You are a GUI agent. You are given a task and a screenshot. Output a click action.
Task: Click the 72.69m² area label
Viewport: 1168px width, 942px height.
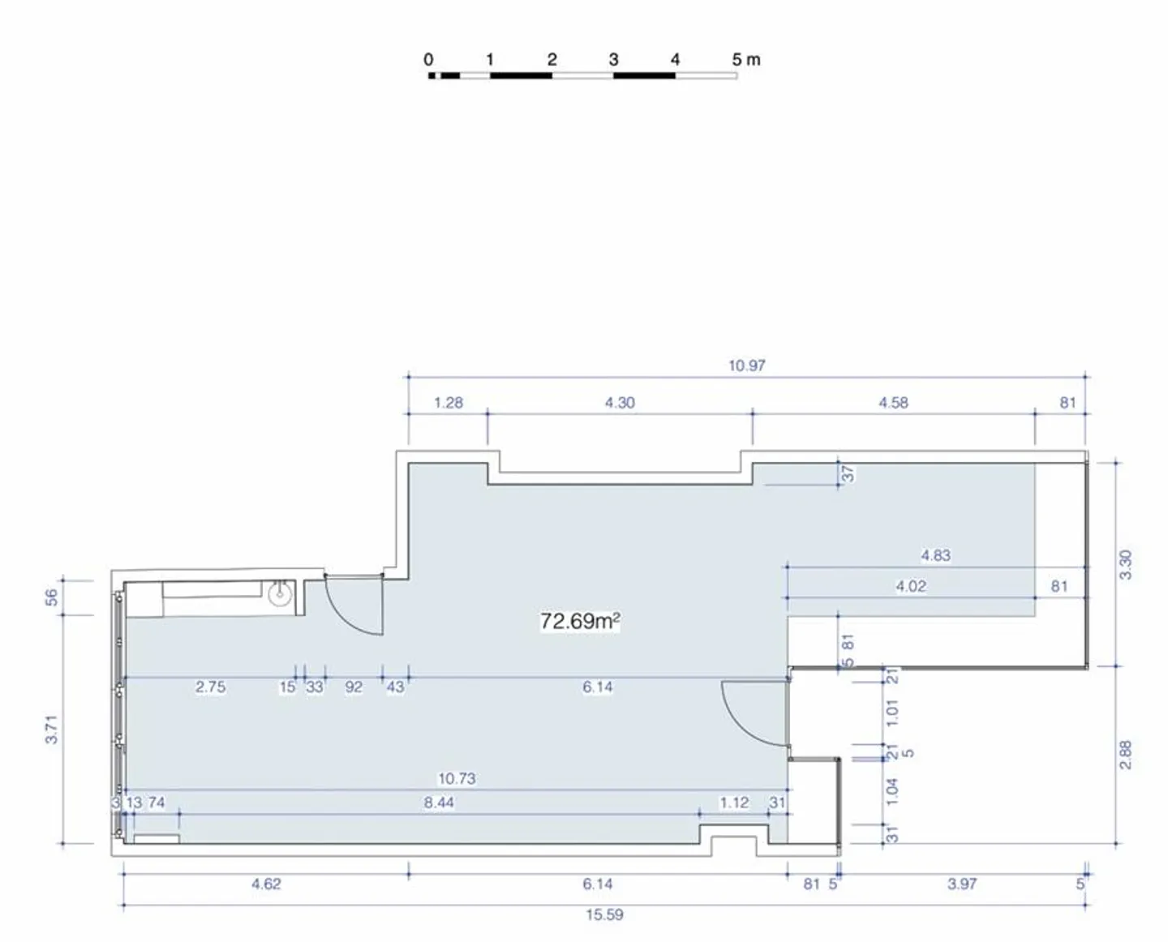[x=580, y=621]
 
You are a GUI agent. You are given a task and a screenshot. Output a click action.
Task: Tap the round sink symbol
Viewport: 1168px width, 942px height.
[x=280, y=595]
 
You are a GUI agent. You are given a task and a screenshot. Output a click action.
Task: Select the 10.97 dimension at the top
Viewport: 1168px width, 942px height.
[x=746, y=366]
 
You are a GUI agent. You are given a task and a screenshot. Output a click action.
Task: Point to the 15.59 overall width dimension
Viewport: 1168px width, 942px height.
[x=604, y=915]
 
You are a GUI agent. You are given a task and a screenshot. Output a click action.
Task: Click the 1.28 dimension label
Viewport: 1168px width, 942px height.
[x=449, y=403]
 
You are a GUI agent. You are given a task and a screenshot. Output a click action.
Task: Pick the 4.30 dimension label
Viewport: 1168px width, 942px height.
[x=620, y=403]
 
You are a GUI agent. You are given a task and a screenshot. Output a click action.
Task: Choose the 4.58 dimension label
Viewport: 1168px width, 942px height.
[x=893, y=403]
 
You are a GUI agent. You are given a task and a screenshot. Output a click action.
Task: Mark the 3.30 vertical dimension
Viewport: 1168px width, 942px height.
[x=1126, y=565]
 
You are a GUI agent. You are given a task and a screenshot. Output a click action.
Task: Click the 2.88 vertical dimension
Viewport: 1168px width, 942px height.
[x=1126, y=755]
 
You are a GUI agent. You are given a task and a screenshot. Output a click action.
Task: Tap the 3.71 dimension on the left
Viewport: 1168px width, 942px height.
[x=51, y=730]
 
